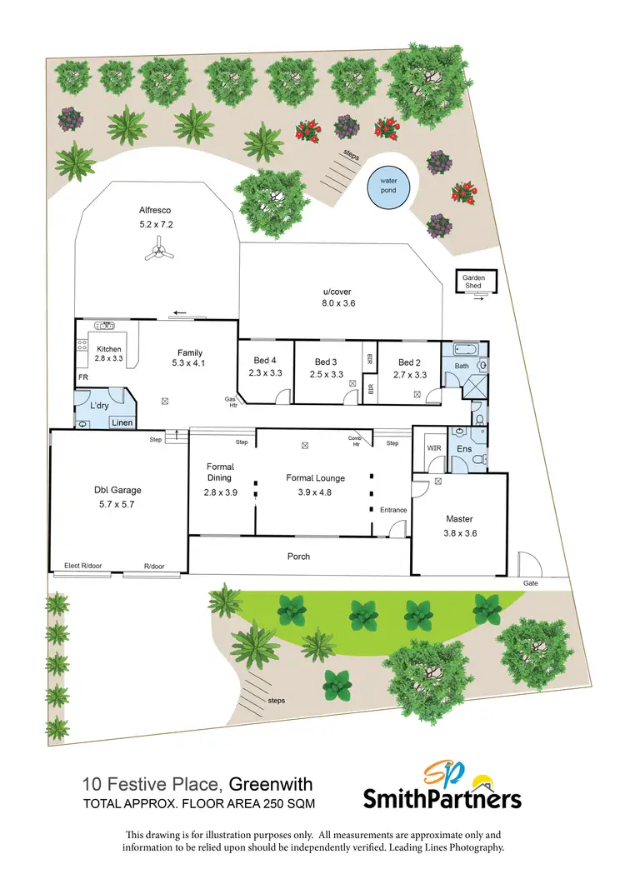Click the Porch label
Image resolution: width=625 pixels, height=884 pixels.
coord(298,556)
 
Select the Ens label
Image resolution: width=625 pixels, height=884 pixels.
coord(464,448)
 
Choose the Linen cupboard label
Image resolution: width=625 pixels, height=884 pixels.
coord(122,422)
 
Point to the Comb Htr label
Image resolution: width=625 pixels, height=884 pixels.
coord(353,441)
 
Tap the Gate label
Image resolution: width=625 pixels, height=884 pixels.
coord(531,583)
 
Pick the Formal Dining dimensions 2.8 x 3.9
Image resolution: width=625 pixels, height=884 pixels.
coord(220,492)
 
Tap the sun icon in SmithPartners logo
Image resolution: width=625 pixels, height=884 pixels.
coord(481,782)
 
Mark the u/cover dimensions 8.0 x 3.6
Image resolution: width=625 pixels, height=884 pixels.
coord(339,303)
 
